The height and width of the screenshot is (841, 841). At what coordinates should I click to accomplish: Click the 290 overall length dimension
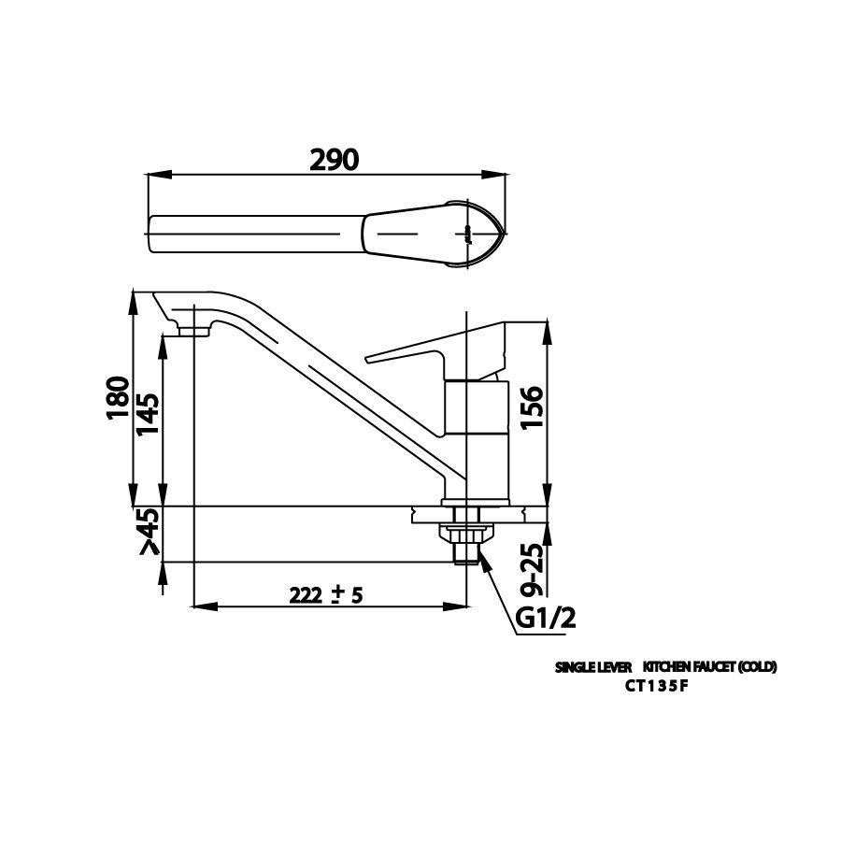point(334,160)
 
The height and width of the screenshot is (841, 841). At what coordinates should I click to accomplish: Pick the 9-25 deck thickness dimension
point(531,569)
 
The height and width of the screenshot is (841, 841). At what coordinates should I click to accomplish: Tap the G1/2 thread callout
point(545,618)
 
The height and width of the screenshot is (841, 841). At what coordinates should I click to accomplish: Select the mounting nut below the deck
point(463,533)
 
